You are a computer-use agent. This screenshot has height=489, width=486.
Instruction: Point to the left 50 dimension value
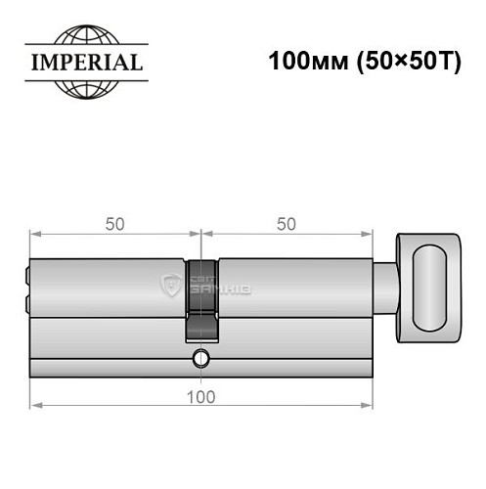click(114, 224)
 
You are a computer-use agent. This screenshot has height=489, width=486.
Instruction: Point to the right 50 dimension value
click(287, 224)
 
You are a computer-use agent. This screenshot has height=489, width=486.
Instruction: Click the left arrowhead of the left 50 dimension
click(35, 235)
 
